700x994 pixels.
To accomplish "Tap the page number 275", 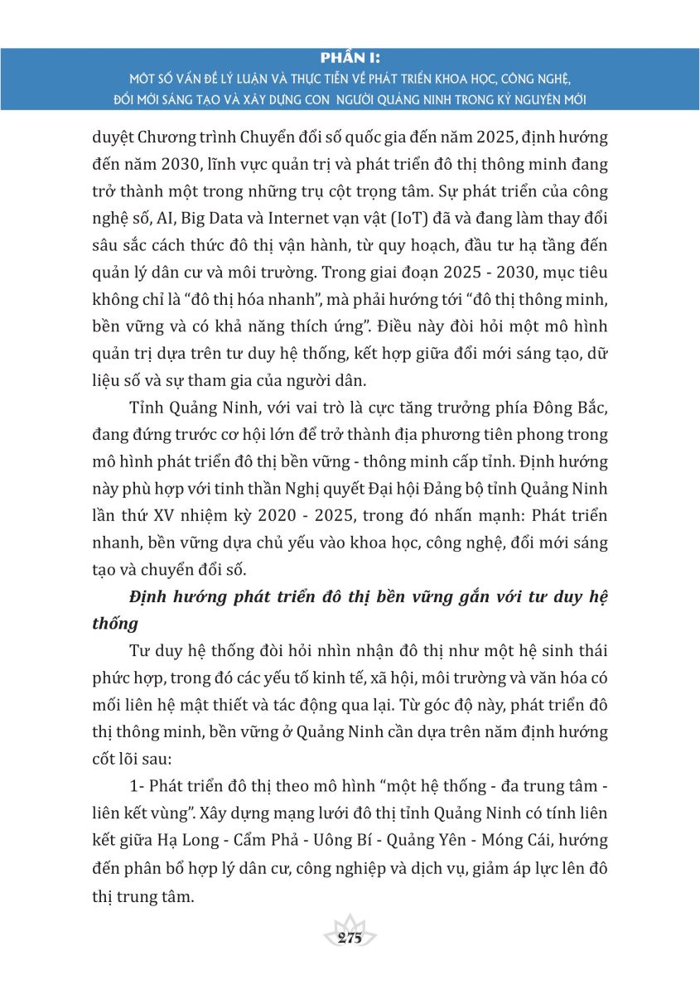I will (350, 938).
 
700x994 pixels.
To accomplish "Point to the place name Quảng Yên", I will (418, 839).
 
